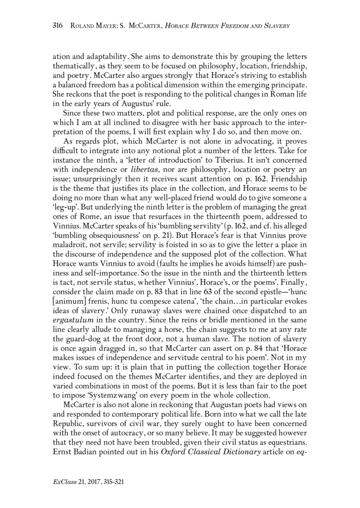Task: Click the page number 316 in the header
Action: coord(59,27)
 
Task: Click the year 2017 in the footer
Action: coord(90,481)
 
